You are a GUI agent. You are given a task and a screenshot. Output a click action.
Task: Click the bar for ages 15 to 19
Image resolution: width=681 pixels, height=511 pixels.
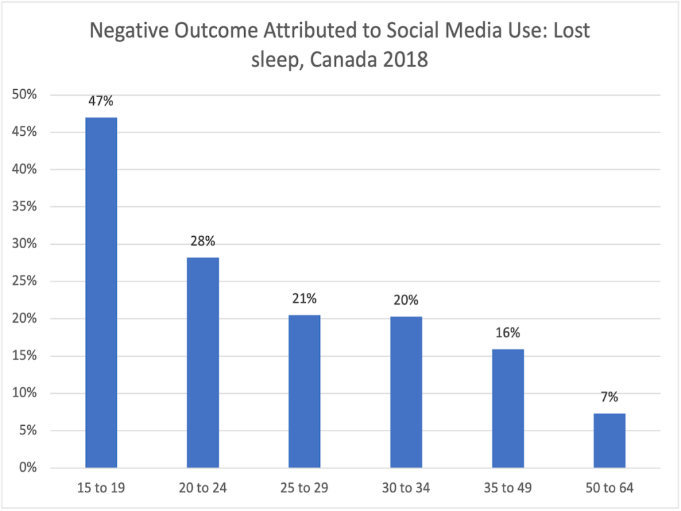[101, 293]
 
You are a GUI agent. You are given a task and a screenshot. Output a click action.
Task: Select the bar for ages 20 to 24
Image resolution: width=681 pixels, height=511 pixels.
[203, 363]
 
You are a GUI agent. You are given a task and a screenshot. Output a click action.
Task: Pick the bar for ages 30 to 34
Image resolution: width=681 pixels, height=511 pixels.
[406, 392]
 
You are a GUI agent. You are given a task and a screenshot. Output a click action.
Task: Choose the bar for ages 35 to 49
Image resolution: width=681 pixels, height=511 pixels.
[508, 408]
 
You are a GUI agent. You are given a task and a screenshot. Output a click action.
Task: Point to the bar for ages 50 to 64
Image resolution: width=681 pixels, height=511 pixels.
[610, 440]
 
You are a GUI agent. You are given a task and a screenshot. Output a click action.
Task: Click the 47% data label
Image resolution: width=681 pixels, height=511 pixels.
[102, 101]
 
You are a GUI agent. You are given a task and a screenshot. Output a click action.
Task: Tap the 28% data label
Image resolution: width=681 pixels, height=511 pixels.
[203, 242]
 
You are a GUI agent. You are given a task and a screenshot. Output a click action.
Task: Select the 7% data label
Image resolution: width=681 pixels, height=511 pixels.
[610, 397]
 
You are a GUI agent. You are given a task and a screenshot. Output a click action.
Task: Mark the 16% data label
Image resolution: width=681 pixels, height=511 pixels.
[508, 333]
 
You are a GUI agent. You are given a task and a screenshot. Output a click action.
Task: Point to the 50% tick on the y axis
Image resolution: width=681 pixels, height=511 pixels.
[24, 95]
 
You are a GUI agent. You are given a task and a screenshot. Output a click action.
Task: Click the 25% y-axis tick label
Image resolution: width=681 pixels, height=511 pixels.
[24, 281]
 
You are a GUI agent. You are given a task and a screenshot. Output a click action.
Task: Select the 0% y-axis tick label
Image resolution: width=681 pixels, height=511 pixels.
[27, 468]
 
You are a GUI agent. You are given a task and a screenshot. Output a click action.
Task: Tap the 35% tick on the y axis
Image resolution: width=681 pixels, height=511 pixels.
[24, 207]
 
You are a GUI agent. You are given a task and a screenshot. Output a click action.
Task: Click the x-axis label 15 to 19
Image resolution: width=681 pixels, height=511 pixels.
[101, 488]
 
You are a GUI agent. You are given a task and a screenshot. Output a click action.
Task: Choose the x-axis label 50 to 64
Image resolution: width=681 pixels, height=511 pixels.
[610, 488]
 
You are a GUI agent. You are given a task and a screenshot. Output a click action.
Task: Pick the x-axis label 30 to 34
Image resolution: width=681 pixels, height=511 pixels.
[406, 488]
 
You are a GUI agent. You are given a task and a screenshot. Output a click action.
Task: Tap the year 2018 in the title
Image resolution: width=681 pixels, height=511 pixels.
[405, 61]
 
